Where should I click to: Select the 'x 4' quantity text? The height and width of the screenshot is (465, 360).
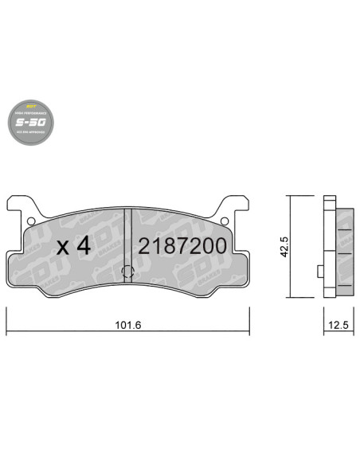click(76, 246)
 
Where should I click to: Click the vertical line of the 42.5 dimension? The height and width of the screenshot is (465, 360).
click(289, 246)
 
